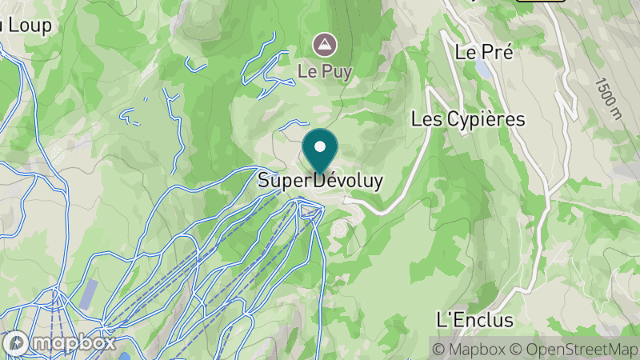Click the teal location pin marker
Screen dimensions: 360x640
(x=321, y=153)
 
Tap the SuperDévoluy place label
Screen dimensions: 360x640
(x=320, y=182)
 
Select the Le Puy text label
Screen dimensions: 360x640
(x=325, y=70)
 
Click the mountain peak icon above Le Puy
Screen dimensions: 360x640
(x=325, y=43)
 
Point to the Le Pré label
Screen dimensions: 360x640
(x=483, y=52)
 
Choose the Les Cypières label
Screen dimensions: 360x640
(x=468, y=119)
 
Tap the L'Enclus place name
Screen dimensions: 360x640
(x=474, y=321)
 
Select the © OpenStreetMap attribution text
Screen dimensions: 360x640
(x=574, y=349)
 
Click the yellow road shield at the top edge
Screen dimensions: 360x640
(x=540, y=1)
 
